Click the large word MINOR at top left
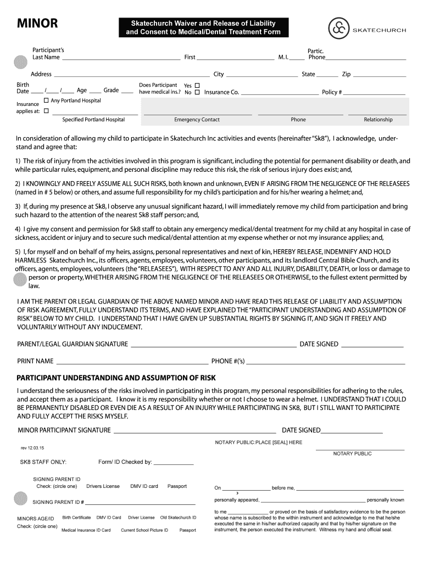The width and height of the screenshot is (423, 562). pos(37,24)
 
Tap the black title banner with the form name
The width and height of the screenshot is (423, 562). pos(203,28)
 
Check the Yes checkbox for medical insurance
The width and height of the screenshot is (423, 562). pos(197,86)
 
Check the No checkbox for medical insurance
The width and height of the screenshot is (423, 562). pos(197,93)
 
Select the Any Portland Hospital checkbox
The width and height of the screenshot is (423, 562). pos(46,101)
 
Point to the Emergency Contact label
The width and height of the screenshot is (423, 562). pos(197,120)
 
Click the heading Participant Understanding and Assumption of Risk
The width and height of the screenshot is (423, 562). pos(116,379)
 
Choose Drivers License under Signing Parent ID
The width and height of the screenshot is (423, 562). pos(103,486)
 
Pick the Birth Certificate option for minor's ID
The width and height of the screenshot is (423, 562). pos(76,518)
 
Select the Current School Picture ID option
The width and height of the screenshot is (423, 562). pos(144,530)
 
